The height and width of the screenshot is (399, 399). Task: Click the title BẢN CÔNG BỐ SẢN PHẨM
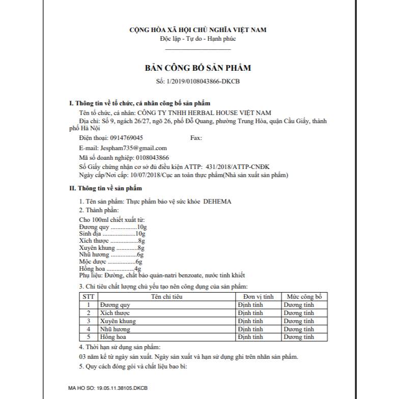coord(198,68)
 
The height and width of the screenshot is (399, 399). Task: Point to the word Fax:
coord(196,137)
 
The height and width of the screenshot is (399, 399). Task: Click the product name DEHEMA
coord(217,202)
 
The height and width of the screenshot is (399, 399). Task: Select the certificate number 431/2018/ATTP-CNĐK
coord(238,166)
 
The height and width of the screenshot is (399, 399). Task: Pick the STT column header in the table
coord(89,296)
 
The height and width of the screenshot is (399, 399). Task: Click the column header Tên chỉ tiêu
coord(166,296)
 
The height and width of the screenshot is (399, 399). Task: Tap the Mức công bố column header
coord(304,296)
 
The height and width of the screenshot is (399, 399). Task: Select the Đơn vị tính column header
coord(259,296)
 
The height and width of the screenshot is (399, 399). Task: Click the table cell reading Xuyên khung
coord(118,321)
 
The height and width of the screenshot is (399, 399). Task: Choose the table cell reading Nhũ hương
coord(116,329)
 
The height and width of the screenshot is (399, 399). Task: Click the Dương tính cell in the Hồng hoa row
coord(299,337)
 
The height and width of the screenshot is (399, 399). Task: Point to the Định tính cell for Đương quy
coord(250,305)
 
